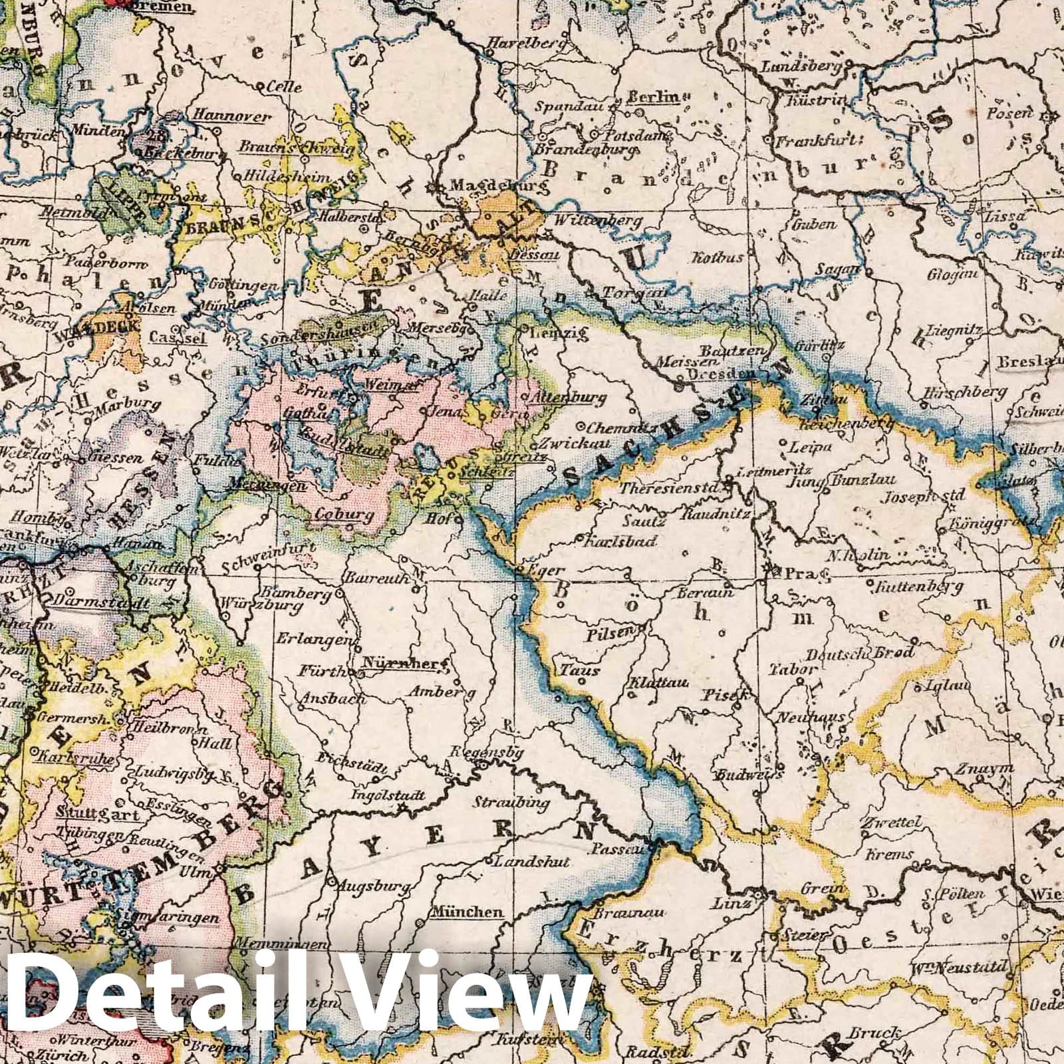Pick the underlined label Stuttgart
(x=96, y=813)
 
